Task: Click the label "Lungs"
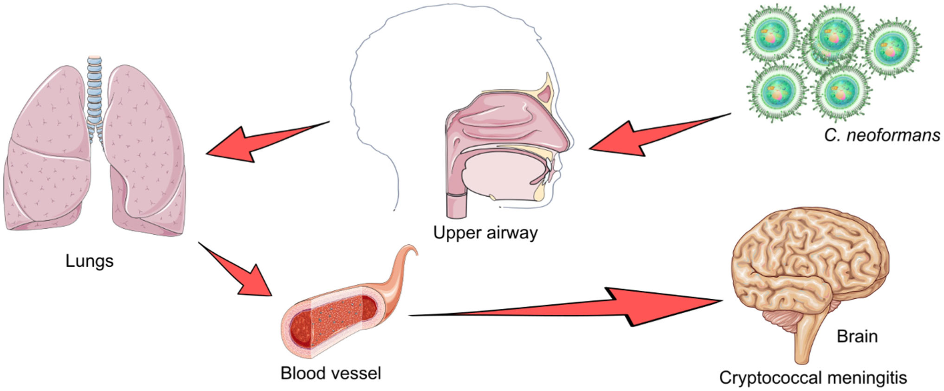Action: [x=89, y=261]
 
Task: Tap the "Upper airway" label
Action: [x=485, y=232]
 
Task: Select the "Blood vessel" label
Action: [x=330, y=373]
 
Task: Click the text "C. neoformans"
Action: [x=882, y=135]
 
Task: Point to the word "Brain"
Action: [x=857, y=336]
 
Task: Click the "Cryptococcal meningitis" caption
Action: [x=813, y=378]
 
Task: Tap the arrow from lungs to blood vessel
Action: [x=241, y=274]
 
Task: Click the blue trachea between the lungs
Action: [x=95, y=93]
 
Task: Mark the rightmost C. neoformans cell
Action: [x=891, y=49]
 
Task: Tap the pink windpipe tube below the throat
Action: [x=457, y=204]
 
